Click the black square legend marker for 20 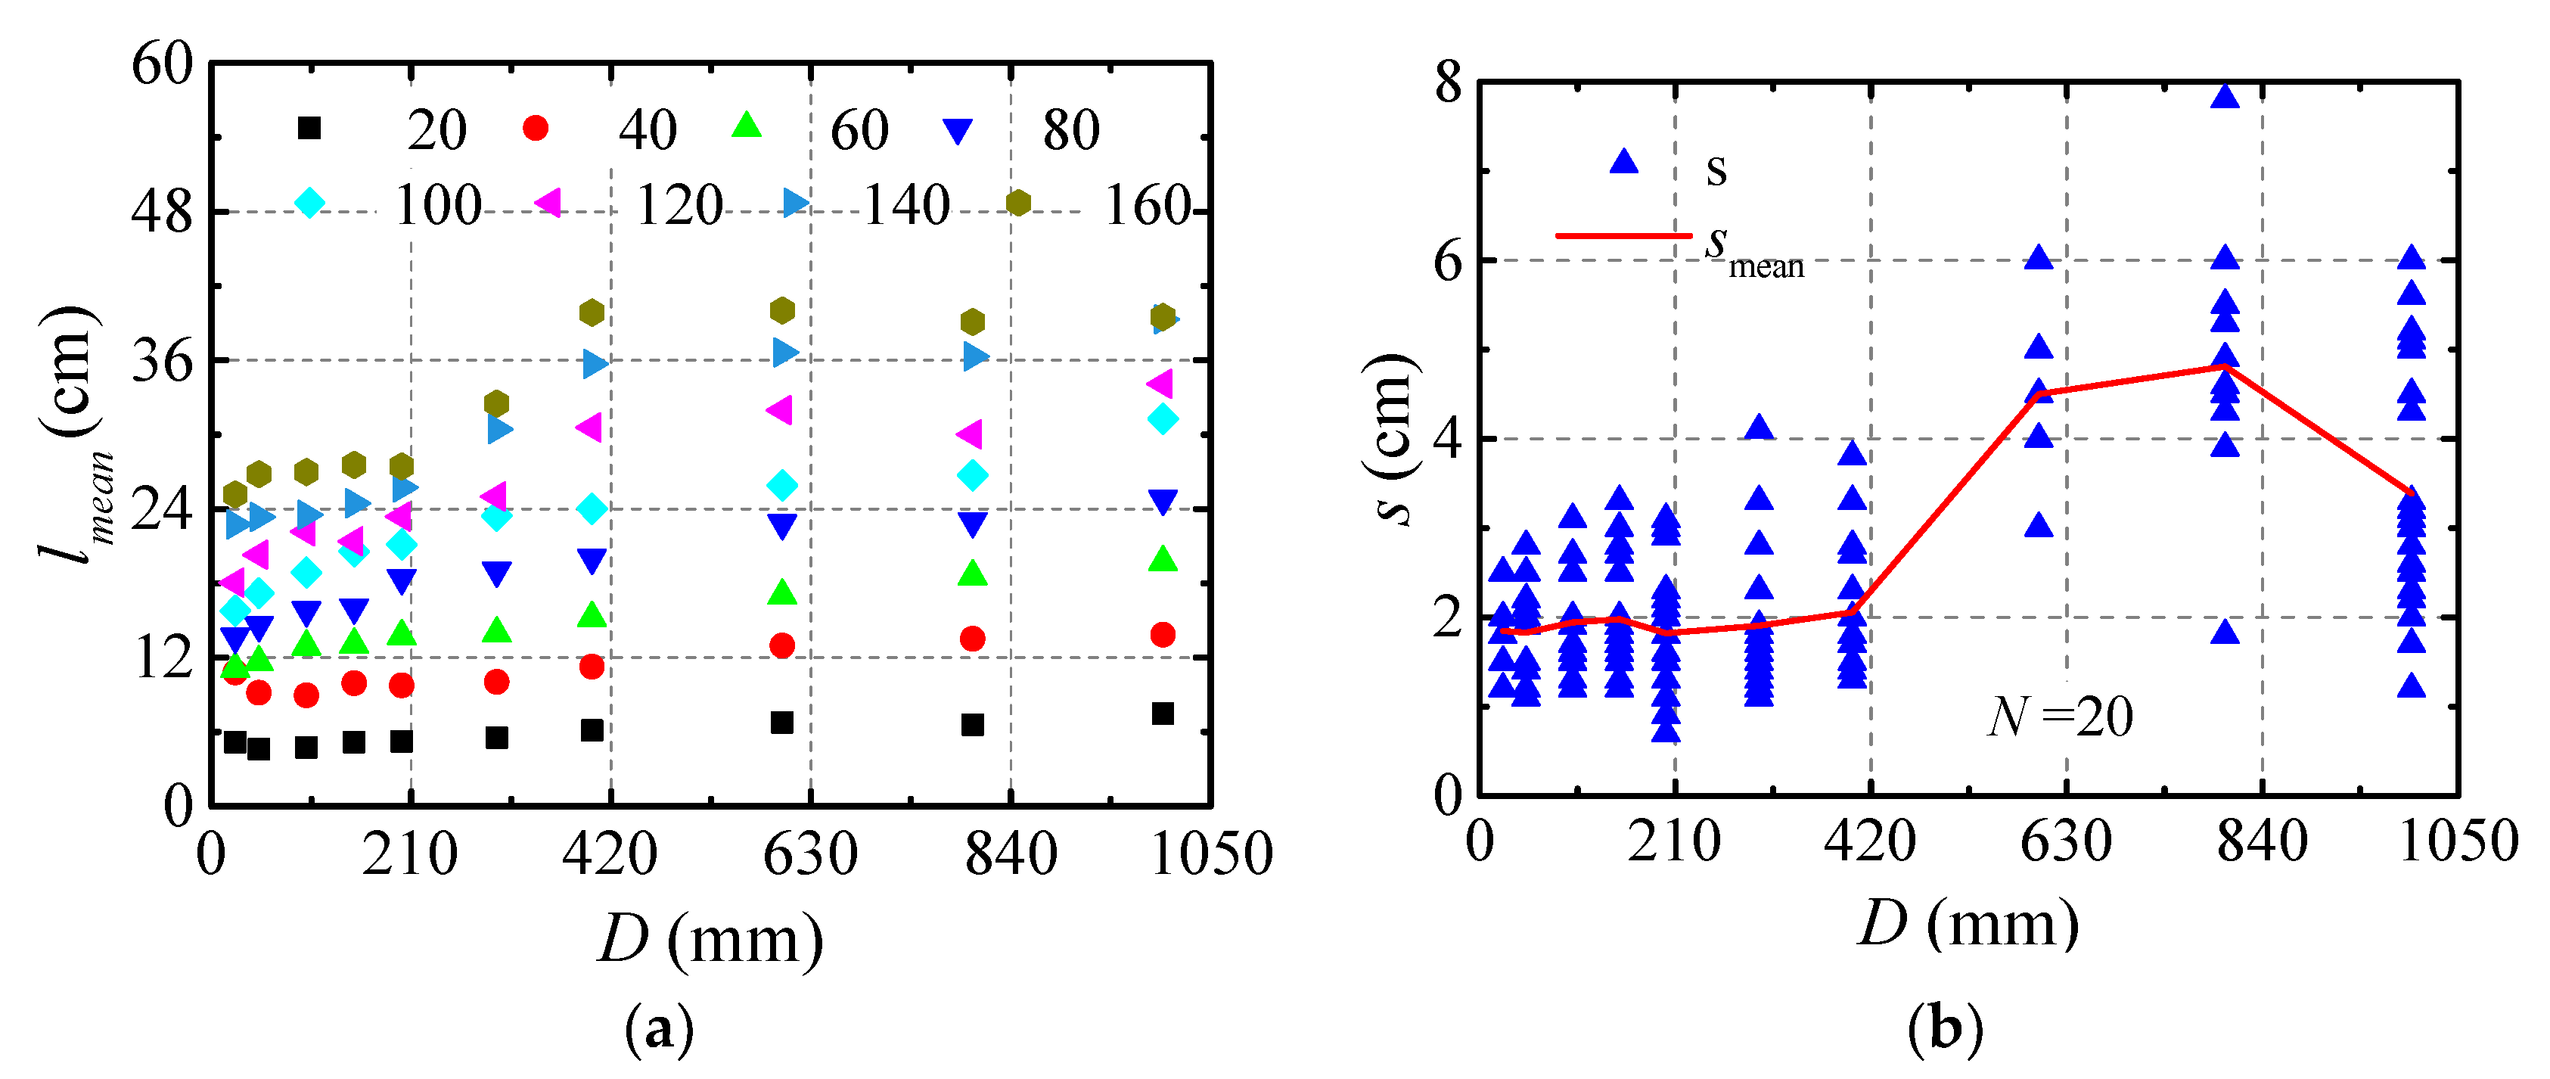coord(310,128)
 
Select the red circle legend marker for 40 coord(536,128)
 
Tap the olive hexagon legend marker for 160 coord(1019,203)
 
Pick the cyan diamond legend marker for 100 coord(310,203)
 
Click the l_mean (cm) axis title coord(75,436)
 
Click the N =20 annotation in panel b coord(2060,717)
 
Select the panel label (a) coord(660,1030)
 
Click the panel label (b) coord(1945,1030)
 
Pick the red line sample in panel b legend coord(1623,235)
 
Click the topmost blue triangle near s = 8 coord(2225,96)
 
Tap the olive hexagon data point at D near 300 coord(497,403)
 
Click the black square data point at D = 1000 coord(1163,714)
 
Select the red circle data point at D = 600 coord(782,645)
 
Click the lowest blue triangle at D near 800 coord(2225,632)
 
